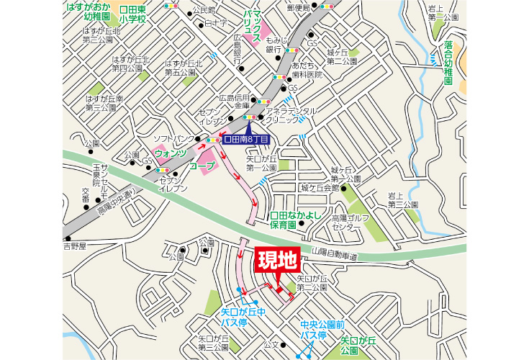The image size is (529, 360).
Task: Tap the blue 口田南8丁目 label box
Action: tap(247, 139)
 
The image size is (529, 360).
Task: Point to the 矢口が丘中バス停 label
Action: tap(243, 318)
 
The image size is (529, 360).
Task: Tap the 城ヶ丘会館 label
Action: tap(320, 188)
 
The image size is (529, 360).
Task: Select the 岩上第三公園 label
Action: tap(404, 199)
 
